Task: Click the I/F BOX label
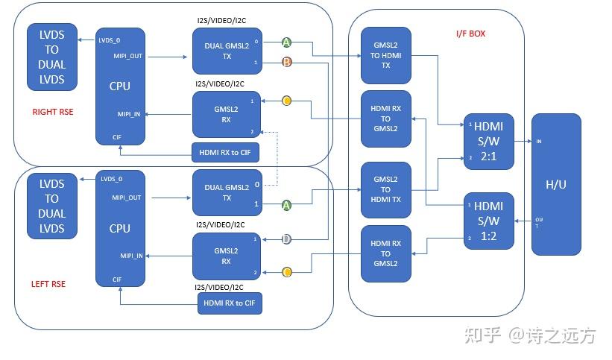470,34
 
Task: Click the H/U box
555,184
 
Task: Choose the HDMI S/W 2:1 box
488,142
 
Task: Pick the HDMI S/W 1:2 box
488,221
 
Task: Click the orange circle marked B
287,63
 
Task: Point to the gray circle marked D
286,239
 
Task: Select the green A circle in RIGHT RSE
287,42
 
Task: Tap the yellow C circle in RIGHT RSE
287,100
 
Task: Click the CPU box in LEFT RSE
120,229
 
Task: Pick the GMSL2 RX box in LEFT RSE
227,256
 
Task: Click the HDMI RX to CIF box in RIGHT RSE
227,152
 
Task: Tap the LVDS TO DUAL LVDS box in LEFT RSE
51,206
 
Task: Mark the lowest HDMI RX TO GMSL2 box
385,254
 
